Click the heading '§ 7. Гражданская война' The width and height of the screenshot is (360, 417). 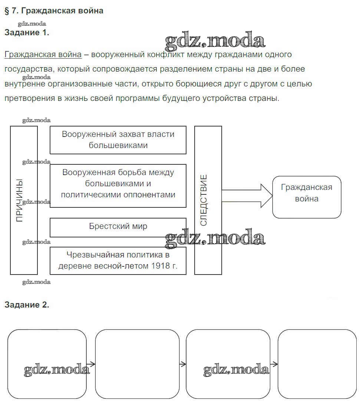[54, 11]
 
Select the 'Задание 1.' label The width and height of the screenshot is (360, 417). [27, 32]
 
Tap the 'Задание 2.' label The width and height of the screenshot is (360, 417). [27, 305]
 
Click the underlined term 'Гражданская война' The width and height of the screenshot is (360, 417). [43, 55]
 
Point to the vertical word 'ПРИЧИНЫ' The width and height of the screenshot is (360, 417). [20, 200]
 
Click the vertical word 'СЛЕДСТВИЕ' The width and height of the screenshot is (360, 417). [204, 200]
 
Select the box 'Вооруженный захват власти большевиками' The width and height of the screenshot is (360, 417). [118, 139]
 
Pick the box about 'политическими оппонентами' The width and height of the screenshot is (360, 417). [118, 185]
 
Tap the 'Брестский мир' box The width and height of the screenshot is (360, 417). [118, 226]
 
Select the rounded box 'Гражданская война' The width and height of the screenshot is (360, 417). [307, 197]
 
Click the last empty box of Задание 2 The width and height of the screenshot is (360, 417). [317, 364]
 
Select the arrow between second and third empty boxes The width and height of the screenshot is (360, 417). [182, 364]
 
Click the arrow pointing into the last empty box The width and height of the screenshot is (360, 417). [274, 364]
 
